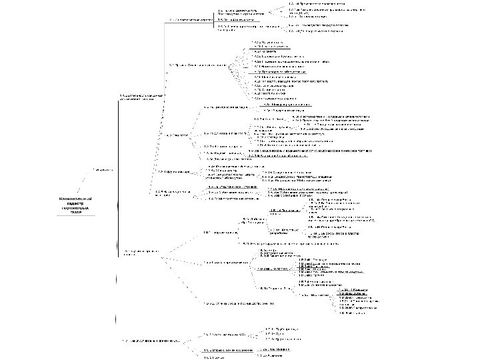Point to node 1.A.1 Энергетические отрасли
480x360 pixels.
[x=191, y=20]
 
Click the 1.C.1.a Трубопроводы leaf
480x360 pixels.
[x=280, y=328]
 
